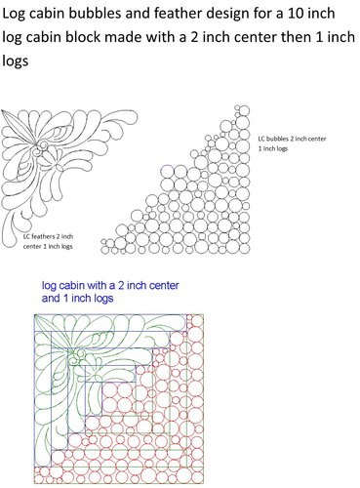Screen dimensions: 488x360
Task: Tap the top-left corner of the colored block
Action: tap(34, 314)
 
